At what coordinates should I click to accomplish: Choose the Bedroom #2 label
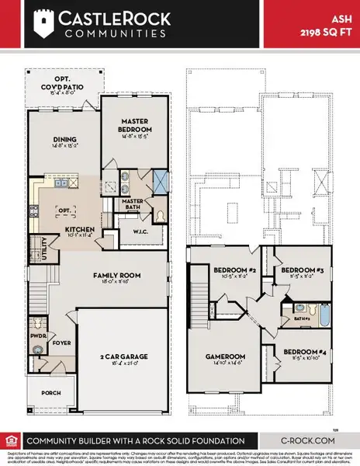pos(235,270)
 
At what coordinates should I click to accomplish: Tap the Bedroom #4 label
pos(309,356)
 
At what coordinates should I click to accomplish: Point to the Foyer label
pos(61,340)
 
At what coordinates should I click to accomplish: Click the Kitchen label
pos(79,230)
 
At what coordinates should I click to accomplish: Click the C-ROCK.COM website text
pos(308,440)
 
